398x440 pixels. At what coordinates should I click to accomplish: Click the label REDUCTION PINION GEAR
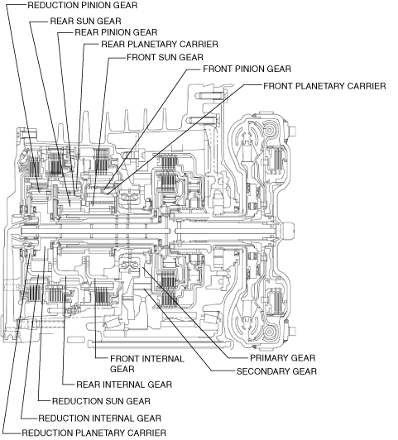[83, 5]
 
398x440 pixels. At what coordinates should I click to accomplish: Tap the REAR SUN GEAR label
[85, 21]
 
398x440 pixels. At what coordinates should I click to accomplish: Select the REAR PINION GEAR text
[116, 32]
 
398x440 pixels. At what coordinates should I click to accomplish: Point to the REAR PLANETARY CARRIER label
[160, 45]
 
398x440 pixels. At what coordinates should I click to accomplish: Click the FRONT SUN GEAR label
[165, 57]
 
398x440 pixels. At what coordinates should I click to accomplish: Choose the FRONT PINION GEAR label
[247, 69]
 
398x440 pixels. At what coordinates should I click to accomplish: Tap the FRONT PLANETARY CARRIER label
[324, 86]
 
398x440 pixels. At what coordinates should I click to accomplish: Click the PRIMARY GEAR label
[283, 358]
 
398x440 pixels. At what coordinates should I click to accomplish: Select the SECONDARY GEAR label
[276, 371]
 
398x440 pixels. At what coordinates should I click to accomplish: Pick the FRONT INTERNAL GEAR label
[147, 364]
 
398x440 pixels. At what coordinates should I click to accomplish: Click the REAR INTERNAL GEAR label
[124, 385]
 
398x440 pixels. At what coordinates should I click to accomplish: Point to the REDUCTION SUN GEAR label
[101, 401]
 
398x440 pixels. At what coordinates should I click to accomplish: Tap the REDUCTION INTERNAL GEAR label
[99, 418]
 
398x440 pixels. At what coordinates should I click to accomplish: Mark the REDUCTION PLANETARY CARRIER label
[94, 433]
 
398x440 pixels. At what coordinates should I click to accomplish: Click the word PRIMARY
[269, 358]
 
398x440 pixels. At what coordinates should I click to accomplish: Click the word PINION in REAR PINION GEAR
[116, 32]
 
